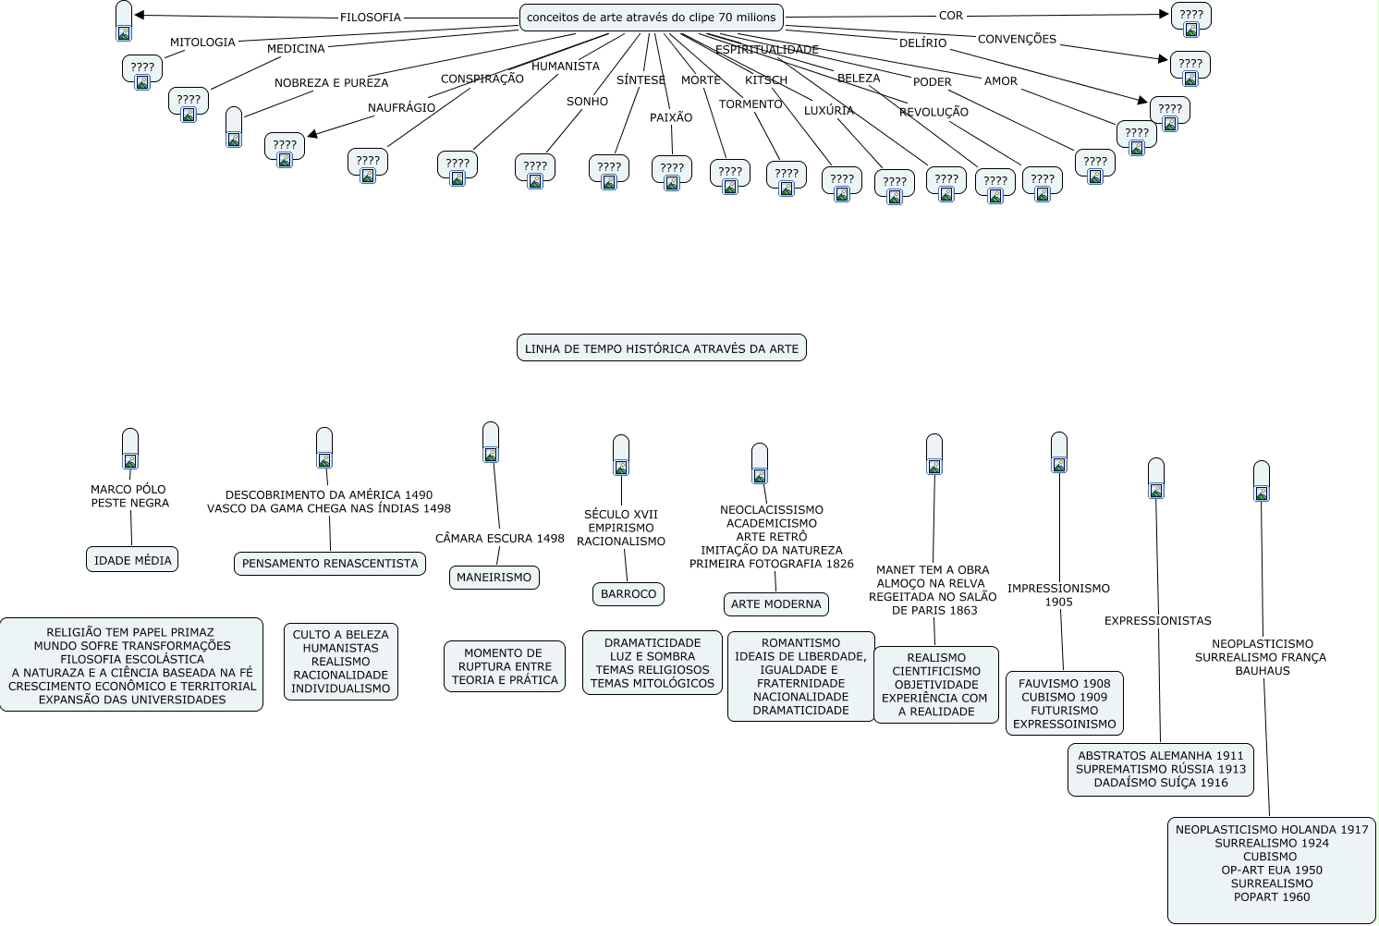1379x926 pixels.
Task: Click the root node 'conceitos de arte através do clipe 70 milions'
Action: [651, 18]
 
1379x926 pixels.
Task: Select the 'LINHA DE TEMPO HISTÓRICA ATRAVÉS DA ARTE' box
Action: [661, 348]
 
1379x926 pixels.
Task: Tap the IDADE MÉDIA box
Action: [132, 560]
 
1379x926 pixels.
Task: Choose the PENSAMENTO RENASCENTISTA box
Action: [329, 564]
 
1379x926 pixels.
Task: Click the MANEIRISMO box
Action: [494, 578]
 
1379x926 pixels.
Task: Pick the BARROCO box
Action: [628, 594]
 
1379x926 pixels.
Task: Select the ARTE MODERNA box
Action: [775, 604]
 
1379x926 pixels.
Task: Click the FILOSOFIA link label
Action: [370, 18]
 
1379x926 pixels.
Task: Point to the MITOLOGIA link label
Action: [202, 43]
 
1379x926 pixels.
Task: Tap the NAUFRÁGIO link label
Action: [401, 108]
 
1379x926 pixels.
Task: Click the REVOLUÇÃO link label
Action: [934, 113]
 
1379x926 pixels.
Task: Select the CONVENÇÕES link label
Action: [1017, 40]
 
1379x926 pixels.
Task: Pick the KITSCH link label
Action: [766, 80]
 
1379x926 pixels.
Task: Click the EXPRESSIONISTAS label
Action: [1157, 621]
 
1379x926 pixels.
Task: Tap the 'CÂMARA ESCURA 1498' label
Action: [499, 539]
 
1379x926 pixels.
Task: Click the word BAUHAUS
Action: [1262, 671]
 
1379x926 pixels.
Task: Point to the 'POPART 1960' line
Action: [1271, 897]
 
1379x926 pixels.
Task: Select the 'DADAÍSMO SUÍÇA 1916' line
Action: [1160, 783]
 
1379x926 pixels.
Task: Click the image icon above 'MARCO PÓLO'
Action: [130, 461]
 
